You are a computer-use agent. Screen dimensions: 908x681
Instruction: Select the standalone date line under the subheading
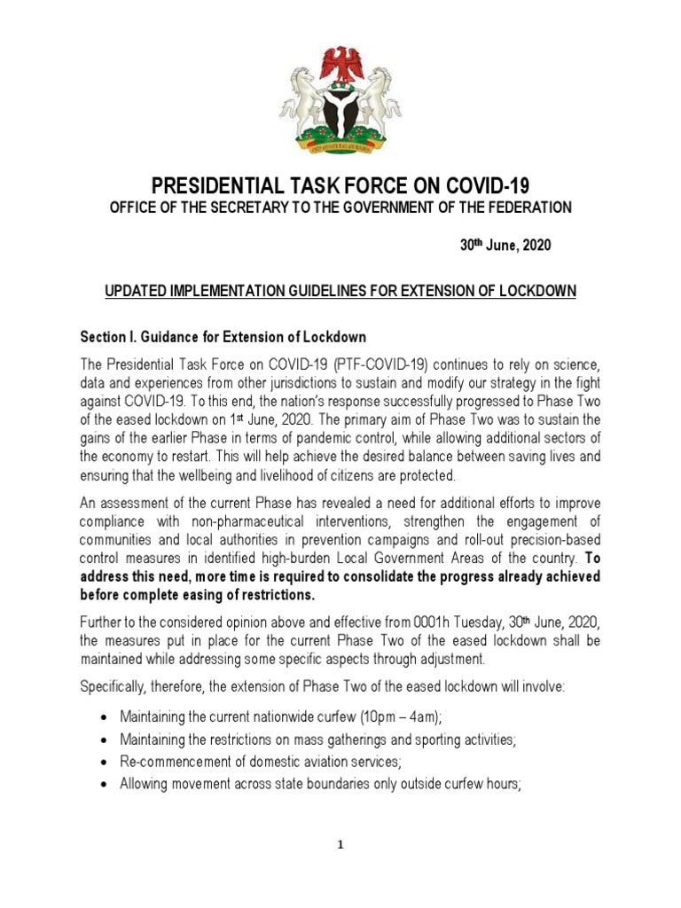pyautogui.click(x=505, y=246)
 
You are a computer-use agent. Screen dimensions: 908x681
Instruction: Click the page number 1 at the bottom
pyautogui.click(x=340, y=845)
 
